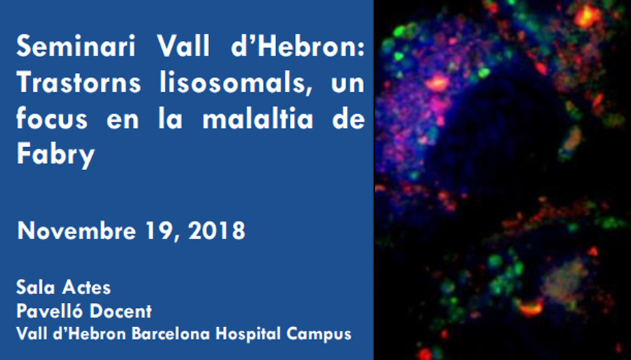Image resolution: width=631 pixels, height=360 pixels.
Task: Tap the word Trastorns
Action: [x=79, y=83]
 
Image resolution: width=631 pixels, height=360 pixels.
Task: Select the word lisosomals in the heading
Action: [x=236, y=83]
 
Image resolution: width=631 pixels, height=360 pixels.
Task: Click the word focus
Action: [x=51, y=119]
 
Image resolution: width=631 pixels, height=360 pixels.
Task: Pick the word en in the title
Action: [x=123, y=121]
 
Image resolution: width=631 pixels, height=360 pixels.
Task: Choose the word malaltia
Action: [x=258, y=119]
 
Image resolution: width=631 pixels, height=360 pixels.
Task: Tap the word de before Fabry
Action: [x=348, y=119]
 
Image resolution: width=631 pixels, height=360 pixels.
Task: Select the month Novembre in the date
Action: [x=76, y=231]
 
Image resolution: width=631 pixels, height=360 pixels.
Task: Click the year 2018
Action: [x=216, y=231]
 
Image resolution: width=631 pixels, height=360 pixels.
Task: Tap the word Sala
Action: [x=35, y=288]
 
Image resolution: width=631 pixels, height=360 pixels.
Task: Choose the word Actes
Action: [x=86, y=288]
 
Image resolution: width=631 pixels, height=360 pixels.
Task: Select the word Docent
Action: [x=121, y=311]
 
